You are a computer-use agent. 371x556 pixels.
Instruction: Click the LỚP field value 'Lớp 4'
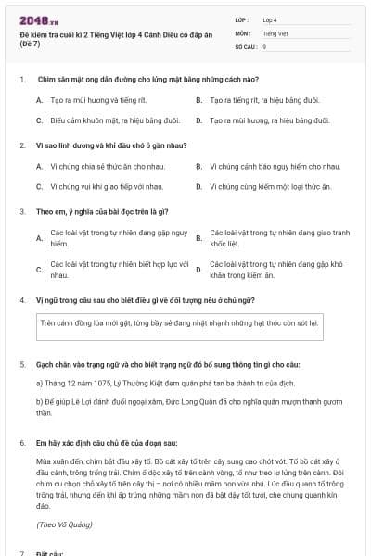point(270,19)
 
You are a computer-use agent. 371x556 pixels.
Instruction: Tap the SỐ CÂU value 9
point(265,45)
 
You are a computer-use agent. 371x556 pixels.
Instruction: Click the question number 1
point(21,80)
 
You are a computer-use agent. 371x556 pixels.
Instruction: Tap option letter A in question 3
point(39,237)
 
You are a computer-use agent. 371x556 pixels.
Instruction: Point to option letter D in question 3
point(199,270)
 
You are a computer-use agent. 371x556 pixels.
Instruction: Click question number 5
point(21,365)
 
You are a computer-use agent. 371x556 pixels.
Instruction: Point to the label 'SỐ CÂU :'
point(246,45)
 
